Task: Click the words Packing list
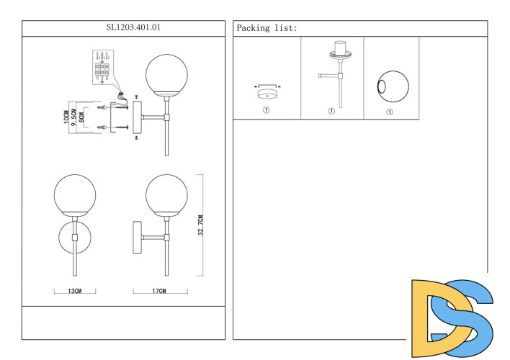pos(267,28)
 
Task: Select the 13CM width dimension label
pos(75,292)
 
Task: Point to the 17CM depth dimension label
pos(160,292)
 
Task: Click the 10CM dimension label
pos(66,117)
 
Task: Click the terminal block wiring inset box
pos(102,67)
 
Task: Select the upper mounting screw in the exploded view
pos(108,107)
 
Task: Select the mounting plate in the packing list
pos(266,89)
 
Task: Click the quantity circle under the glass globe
pos(390,112)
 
